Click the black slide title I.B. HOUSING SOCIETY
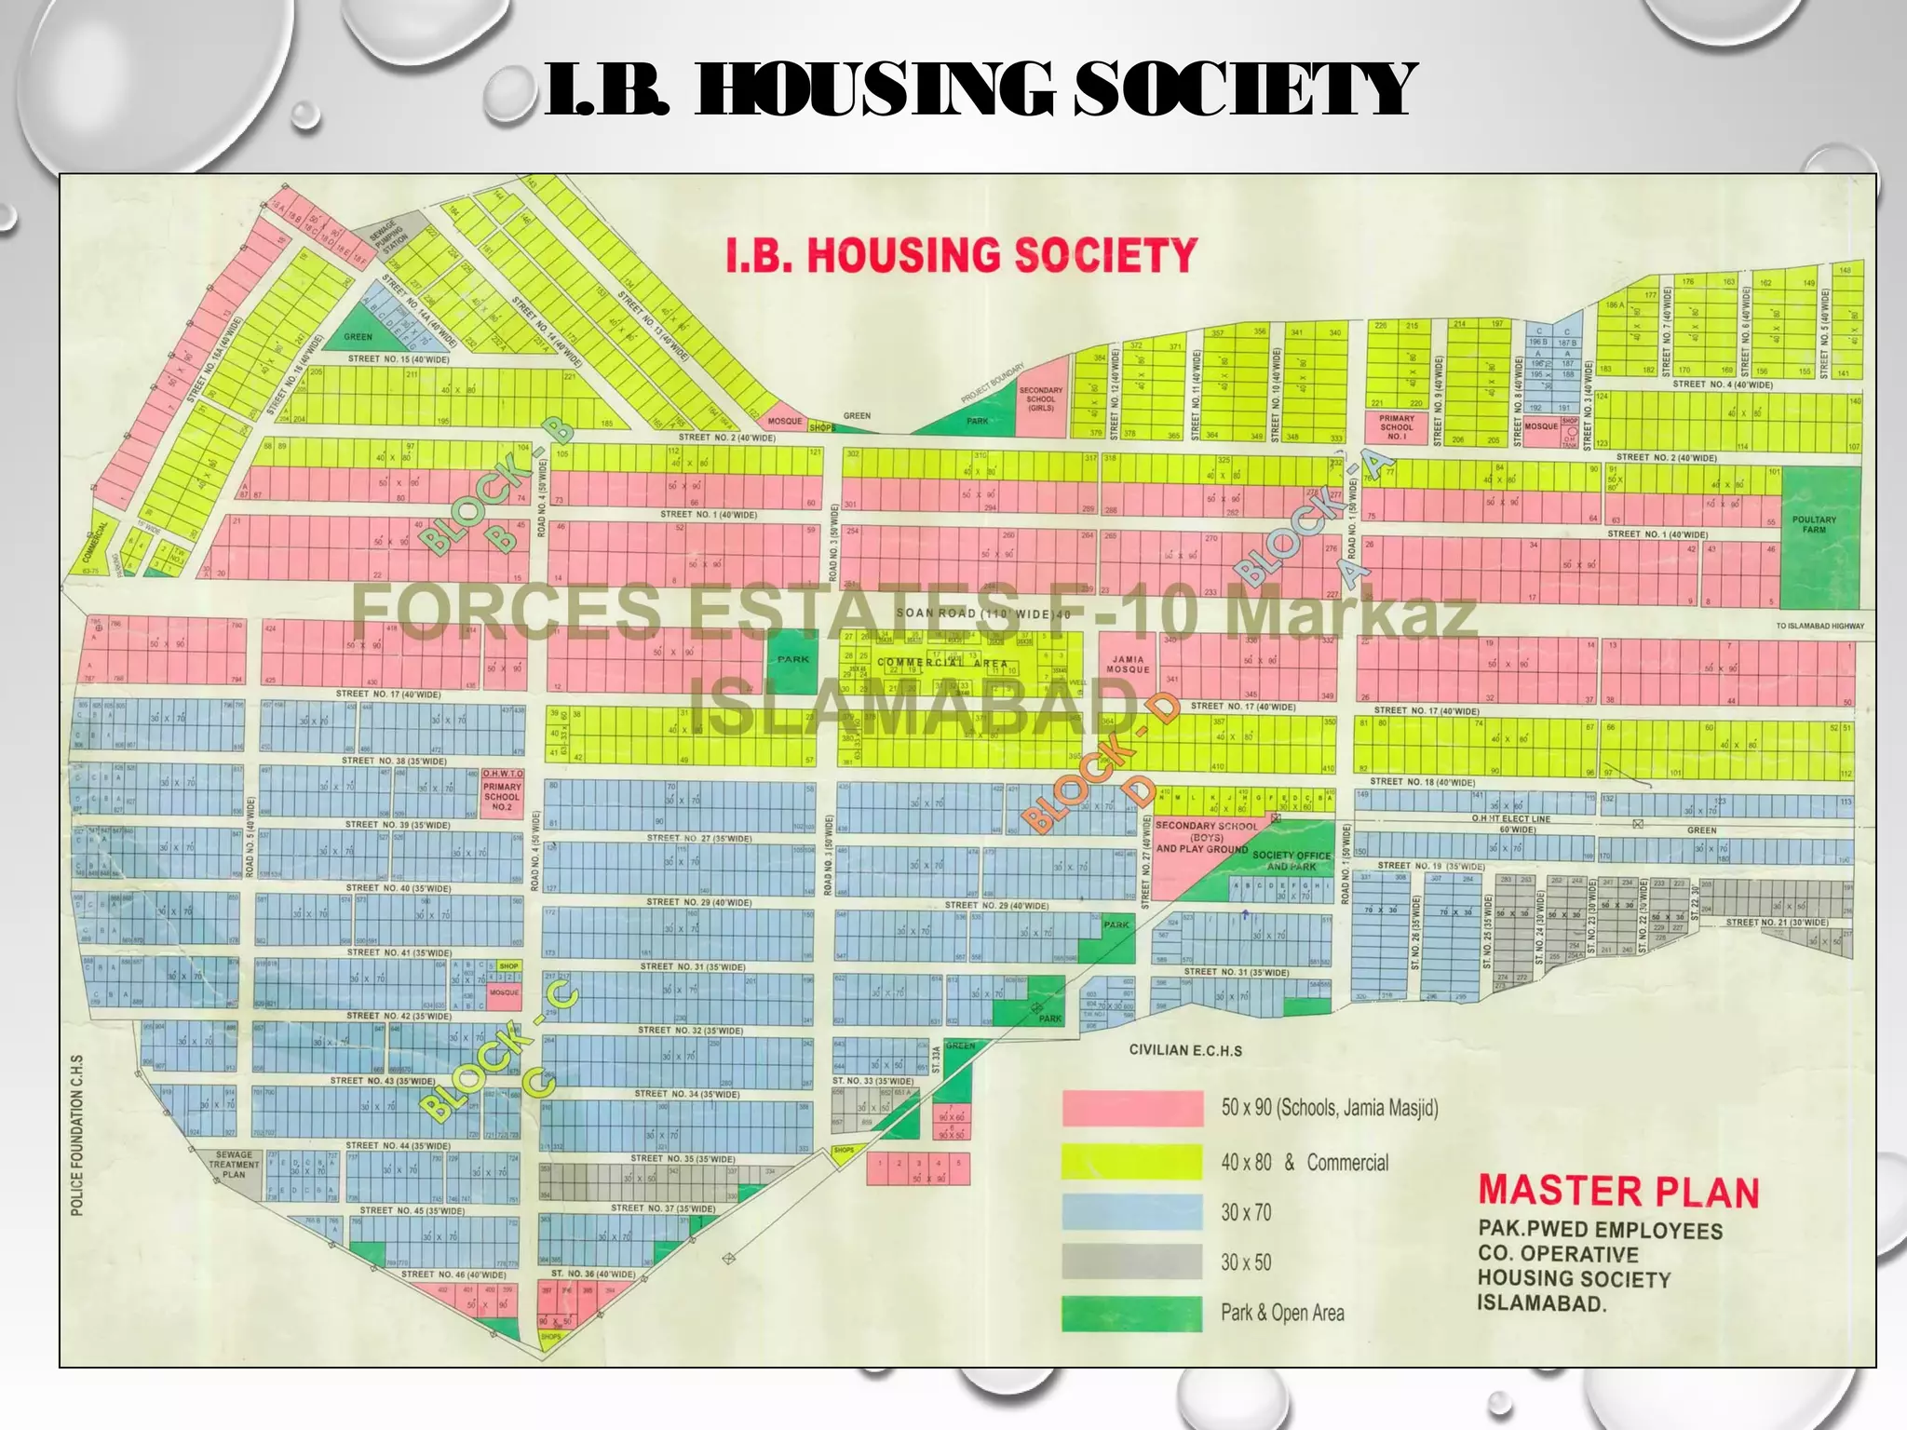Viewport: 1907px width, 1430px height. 980,89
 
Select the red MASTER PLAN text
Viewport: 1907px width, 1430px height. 1618,1191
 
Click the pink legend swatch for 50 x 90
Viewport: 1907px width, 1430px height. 1132,1109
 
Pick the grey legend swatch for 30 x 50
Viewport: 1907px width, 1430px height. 1132,1261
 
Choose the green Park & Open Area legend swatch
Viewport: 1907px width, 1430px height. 1132,1314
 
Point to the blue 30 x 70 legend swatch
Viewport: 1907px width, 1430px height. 1132,1212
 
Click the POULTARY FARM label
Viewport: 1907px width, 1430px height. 1814,525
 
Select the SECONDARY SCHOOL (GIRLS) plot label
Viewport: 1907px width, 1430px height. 1041,398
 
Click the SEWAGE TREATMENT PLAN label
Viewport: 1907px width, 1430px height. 234,1164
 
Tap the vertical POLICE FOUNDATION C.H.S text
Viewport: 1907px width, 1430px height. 77,1135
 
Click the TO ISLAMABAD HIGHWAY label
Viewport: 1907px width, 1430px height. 1819,626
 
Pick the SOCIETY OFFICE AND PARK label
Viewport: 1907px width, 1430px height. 1292,860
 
